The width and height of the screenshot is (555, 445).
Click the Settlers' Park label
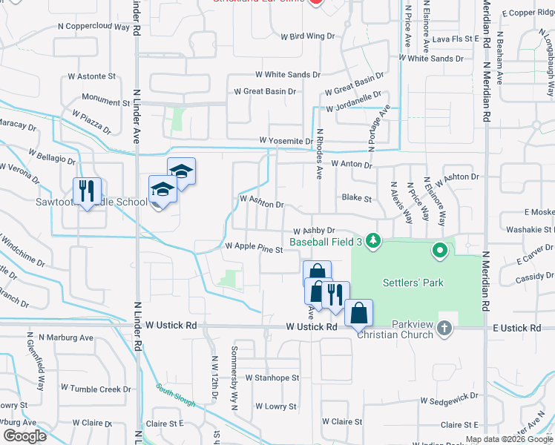point(410,283)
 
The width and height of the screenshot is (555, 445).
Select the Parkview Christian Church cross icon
point(444,327)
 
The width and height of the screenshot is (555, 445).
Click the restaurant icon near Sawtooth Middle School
point(87,191)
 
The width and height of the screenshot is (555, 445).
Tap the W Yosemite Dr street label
point(286,141)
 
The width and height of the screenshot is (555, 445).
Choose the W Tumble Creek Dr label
point(96,388)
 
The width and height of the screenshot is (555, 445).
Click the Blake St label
point(356,198)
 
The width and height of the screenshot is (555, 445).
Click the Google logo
point(24,435)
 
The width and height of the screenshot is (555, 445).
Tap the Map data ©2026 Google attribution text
point(509,439)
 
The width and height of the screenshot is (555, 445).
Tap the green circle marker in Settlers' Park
point(439,250)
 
